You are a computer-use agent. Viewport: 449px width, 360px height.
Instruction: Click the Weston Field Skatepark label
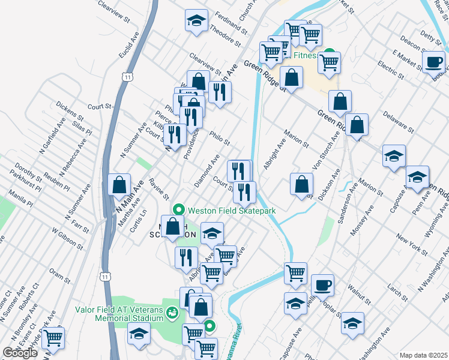tap(232, 211)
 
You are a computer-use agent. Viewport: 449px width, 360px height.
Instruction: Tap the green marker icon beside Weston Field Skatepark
tap(178, 211)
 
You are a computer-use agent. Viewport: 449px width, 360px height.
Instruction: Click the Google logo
tap(20, 353)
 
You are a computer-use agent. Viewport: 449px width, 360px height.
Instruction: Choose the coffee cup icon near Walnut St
tap(322, 284)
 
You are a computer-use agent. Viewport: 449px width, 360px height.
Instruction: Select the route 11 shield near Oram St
tap(106, 277)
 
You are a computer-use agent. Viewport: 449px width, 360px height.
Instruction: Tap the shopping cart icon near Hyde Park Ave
tap(53, 338)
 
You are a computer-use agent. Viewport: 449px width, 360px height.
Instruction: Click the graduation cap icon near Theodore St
tap(196, 20)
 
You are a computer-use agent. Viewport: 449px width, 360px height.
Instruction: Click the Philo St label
tap(220, 139)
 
